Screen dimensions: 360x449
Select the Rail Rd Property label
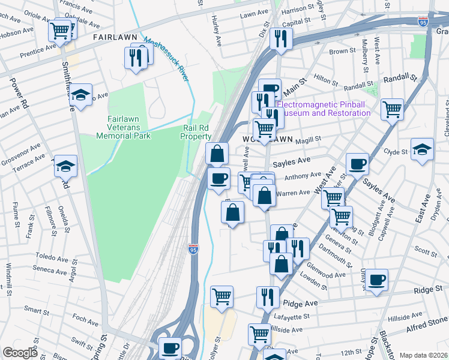pyautogui.click(x=196, y=132)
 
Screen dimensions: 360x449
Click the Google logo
pyautogui.click(x=20, y=353)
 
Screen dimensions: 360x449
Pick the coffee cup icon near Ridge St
pyautogui.click(x=378, y=280)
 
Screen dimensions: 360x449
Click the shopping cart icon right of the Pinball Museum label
pyautogui.click(x=392, y=110)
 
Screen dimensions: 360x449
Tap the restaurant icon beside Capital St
pyautogui.click(x=280, y=39)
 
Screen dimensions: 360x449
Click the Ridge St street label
pyautogui.click(x=429, y=289)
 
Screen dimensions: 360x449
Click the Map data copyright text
pyautogui.click(x=423, y=355)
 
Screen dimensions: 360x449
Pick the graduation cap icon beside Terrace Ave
pyautogui.click(x=65, y=166)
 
